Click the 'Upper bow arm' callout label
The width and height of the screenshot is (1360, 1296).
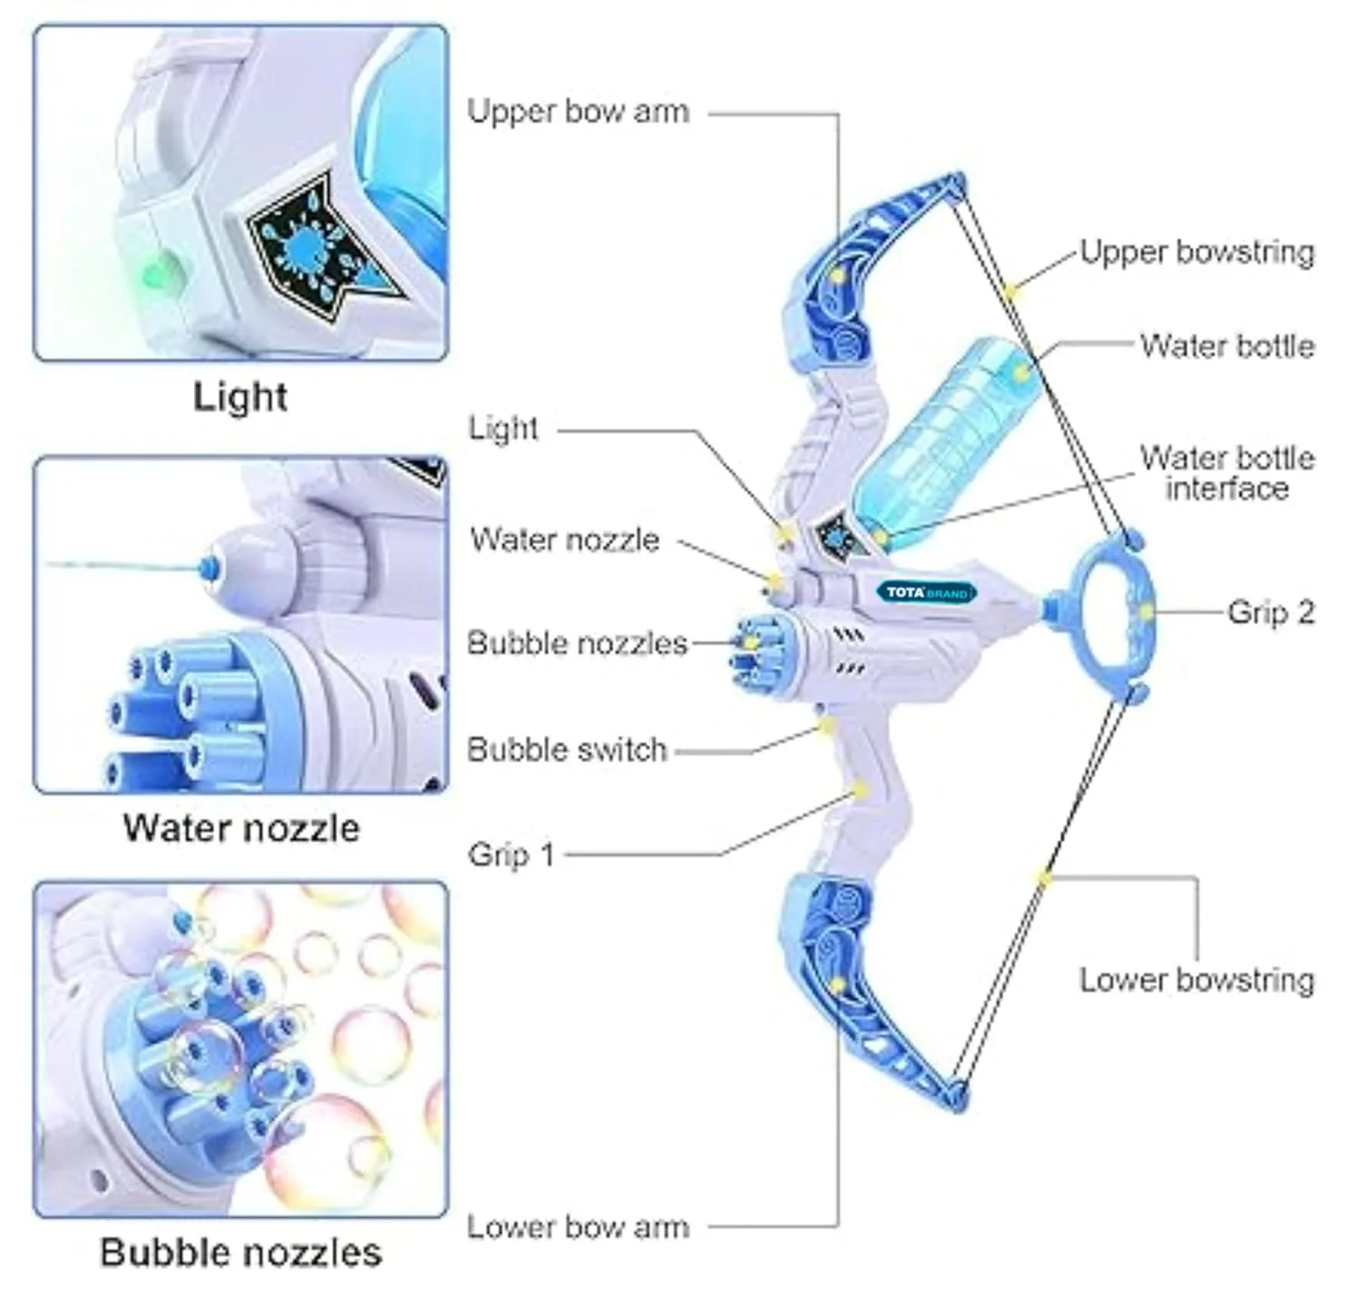(578, 112)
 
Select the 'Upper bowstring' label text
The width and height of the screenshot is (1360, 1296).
(1197, 252)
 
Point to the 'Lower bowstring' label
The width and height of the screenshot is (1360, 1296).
(1197, 979)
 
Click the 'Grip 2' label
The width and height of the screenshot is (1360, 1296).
(1271, 612)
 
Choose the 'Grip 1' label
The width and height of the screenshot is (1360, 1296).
(511, 854)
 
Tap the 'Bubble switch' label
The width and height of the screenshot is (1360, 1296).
(568, 749)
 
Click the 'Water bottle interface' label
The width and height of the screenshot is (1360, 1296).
(1228, 473)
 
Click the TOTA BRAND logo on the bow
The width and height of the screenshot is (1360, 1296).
(927, 592)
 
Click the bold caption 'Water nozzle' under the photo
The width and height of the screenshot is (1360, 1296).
(241, 827)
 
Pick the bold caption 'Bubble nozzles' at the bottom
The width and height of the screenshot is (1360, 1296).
(241, 1252)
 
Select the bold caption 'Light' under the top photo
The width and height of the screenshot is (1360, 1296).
(239, 397)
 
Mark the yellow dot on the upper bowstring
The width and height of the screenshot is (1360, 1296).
(1011, 292)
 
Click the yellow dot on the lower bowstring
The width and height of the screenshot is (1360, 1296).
(1044, 879)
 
